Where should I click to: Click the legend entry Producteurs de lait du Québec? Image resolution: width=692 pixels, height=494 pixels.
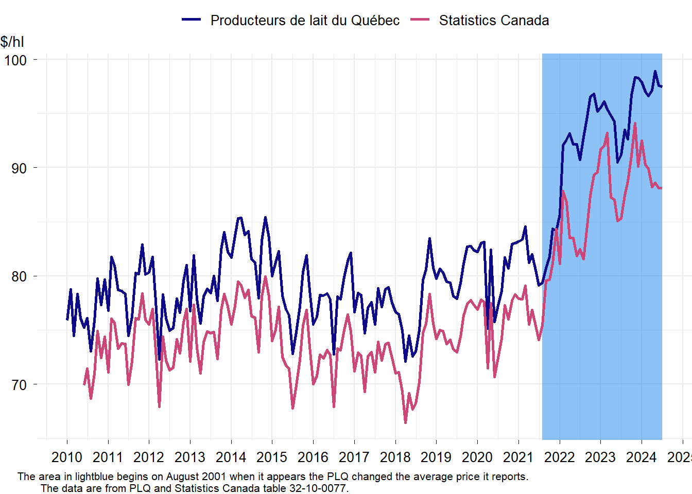click(305, 21)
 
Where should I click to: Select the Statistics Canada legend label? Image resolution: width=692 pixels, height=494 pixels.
click(494, 21)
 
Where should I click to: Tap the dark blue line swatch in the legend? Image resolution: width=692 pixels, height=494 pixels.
click(192, 20)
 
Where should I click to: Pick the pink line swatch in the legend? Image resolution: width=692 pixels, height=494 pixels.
click(420, 20)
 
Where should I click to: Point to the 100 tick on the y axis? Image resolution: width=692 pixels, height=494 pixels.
click(15, 60)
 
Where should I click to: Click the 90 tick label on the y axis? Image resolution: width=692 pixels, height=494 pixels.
click(19, 168)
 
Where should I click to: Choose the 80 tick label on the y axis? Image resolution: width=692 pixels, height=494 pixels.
click(19, 276)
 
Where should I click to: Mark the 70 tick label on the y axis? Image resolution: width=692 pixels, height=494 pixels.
click(19, 385)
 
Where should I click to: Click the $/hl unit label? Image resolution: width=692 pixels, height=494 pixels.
click(12, 42)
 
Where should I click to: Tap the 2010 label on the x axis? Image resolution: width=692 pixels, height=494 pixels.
click(67, 457)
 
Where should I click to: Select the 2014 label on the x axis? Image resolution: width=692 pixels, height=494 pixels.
click(231, 457)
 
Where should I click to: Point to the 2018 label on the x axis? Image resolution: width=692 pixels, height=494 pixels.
click(395, 457)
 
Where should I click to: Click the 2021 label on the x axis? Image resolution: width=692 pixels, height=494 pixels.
click(518, 457)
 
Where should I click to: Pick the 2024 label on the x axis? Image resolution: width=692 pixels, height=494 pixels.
click(642, 457)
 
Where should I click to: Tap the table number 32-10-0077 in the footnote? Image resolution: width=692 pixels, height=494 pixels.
click(318, 488)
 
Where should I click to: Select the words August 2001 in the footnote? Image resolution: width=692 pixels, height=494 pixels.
click(196, 477)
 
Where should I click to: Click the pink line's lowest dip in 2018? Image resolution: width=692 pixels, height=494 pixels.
click(405, 422)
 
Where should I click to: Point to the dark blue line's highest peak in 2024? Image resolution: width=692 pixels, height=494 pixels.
click(655, 72)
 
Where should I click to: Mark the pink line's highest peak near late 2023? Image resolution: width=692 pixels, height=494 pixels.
click(635, 123)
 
